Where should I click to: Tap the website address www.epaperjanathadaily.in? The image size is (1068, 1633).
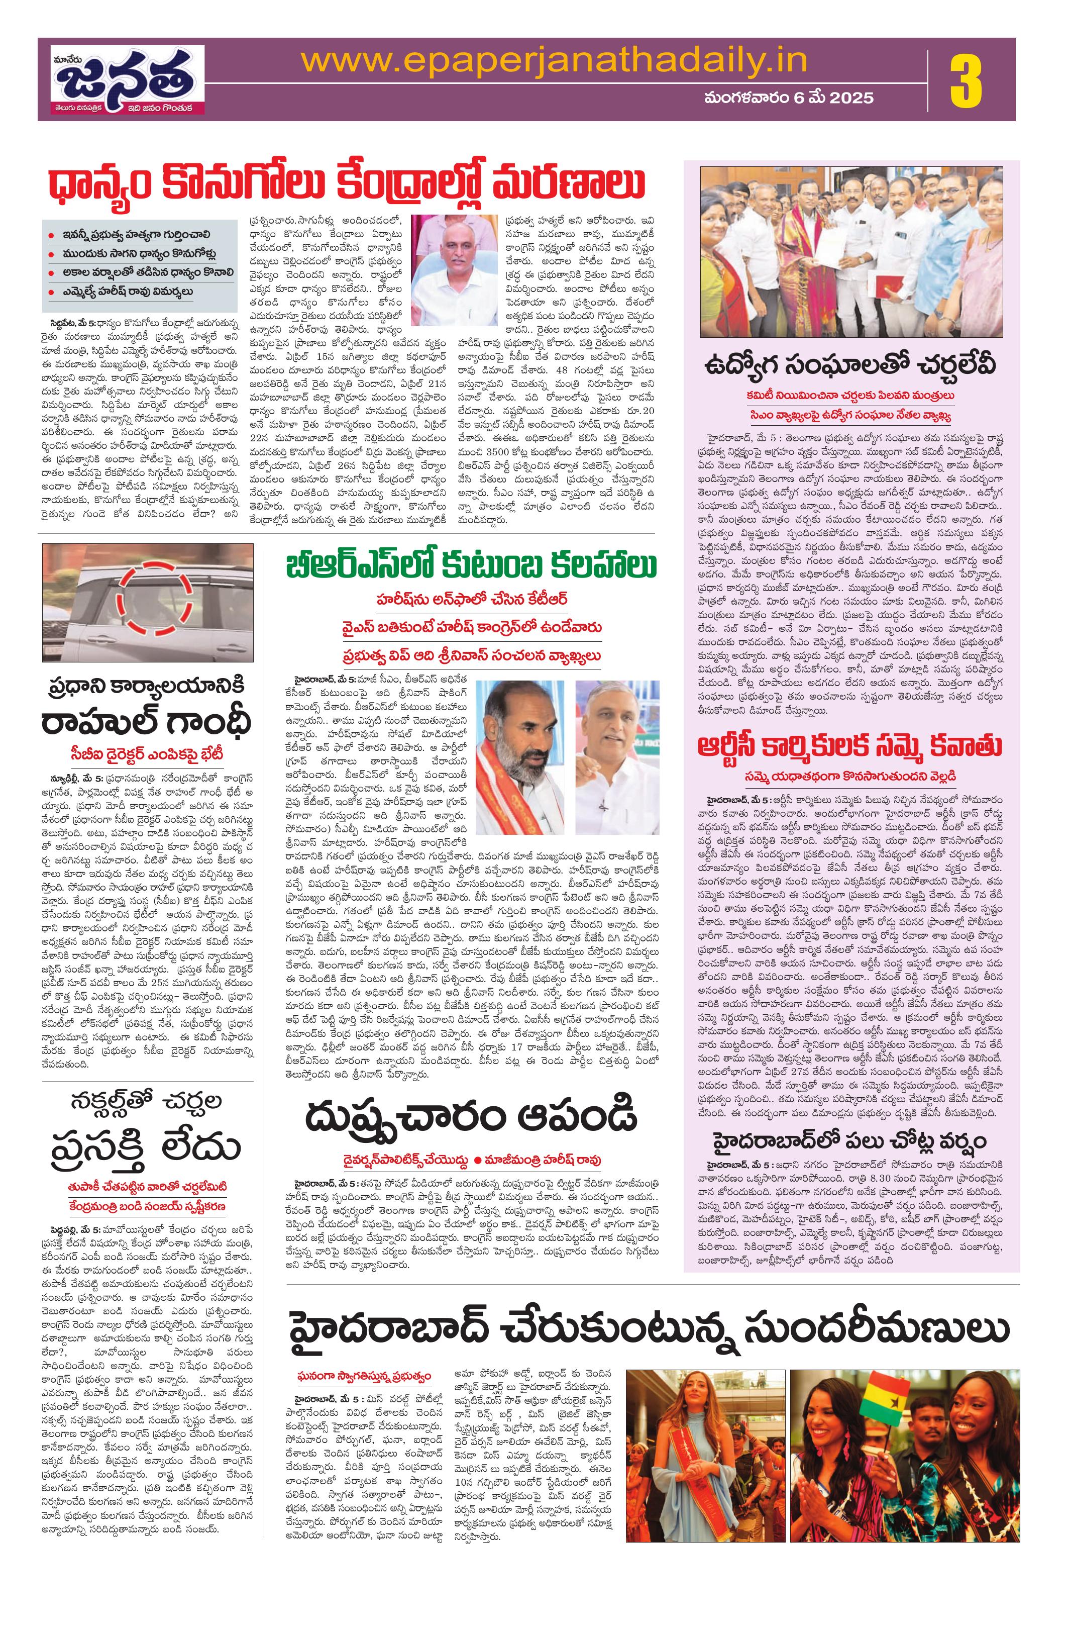[554, 62]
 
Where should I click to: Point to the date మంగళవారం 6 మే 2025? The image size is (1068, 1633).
[789, 98]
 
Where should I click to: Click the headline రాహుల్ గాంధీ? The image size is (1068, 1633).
[147, 722]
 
